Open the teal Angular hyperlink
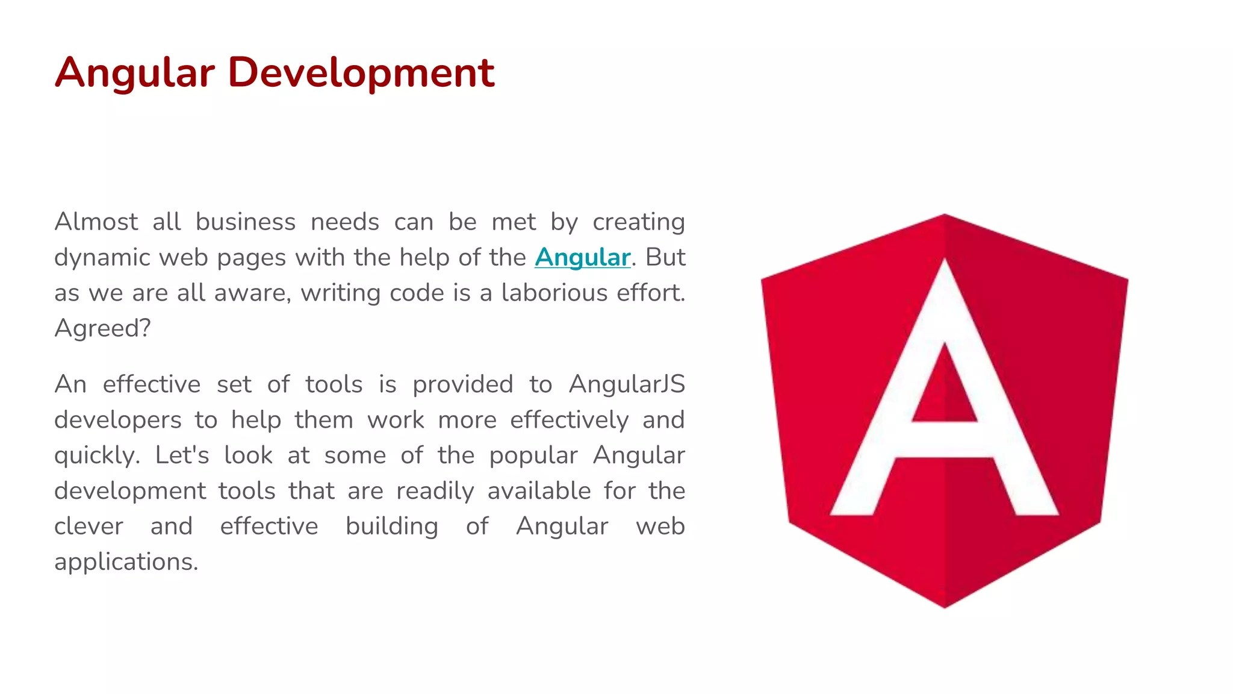pyautogui.click(x=582, y=258)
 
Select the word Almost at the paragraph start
pyautogui.click(x=96, y=222)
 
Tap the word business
pyautogui.click(x=246, y=222)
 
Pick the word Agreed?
pyautogui.click(x=102, y=329)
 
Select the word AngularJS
pyautogui.click(x=627, y=384)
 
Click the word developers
pyautogui.click(x=117, y=420)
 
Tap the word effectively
pyautogui.click(x=569, y=420)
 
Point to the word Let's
pyautogui.click(x=182, y=455)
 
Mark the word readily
pyautogui.click(x=435, y=491)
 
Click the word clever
pyautogui.click(x=89, y=527)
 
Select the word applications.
pyautogui.click(x=126, y=562)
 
